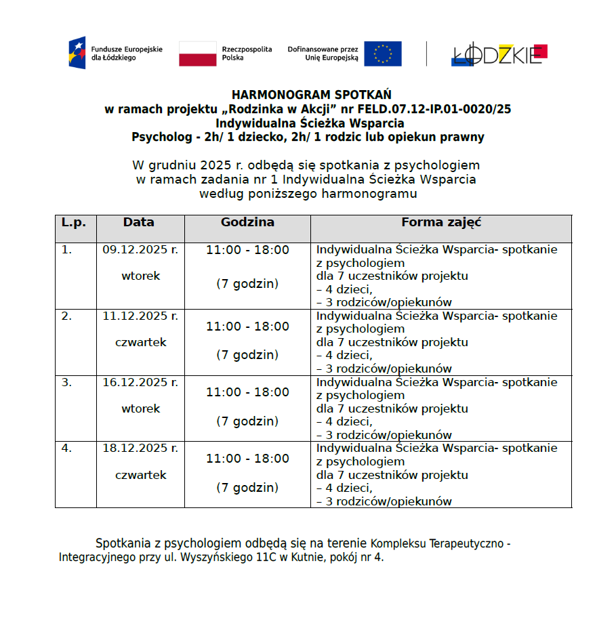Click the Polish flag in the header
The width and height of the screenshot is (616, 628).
(198, 54)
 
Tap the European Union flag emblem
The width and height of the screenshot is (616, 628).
(382, 54)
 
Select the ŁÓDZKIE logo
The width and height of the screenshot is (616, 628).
(499, 55)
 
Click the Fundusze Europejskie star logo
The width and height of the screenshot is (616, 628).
(77, 53)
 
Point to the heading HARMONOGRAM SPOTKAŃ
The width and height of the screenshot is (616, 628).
(311, 95)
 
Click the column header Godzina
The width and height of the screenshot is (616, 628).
(247, 223)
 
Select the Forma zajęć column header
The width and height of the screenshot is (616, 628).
(441, 223)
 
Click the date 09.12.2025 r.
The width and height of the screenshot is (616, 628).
(140, 250)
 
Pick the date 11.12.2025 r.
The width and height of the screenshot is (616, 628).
(140, 316)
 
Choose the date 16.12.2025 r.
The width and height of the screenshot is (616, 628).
(140, 383)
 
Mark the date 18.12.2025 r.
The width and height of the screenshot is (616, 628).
(140, 448)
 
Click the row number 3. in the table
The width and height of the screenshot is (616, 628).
(66, 383)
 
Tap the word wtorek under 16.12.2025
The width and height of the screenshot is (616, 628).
(141, 409)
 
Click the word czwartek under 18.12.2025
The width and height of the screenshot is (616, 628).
(141, 476)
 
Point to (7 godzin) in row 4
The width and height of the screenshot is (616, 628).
(247, 488)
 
